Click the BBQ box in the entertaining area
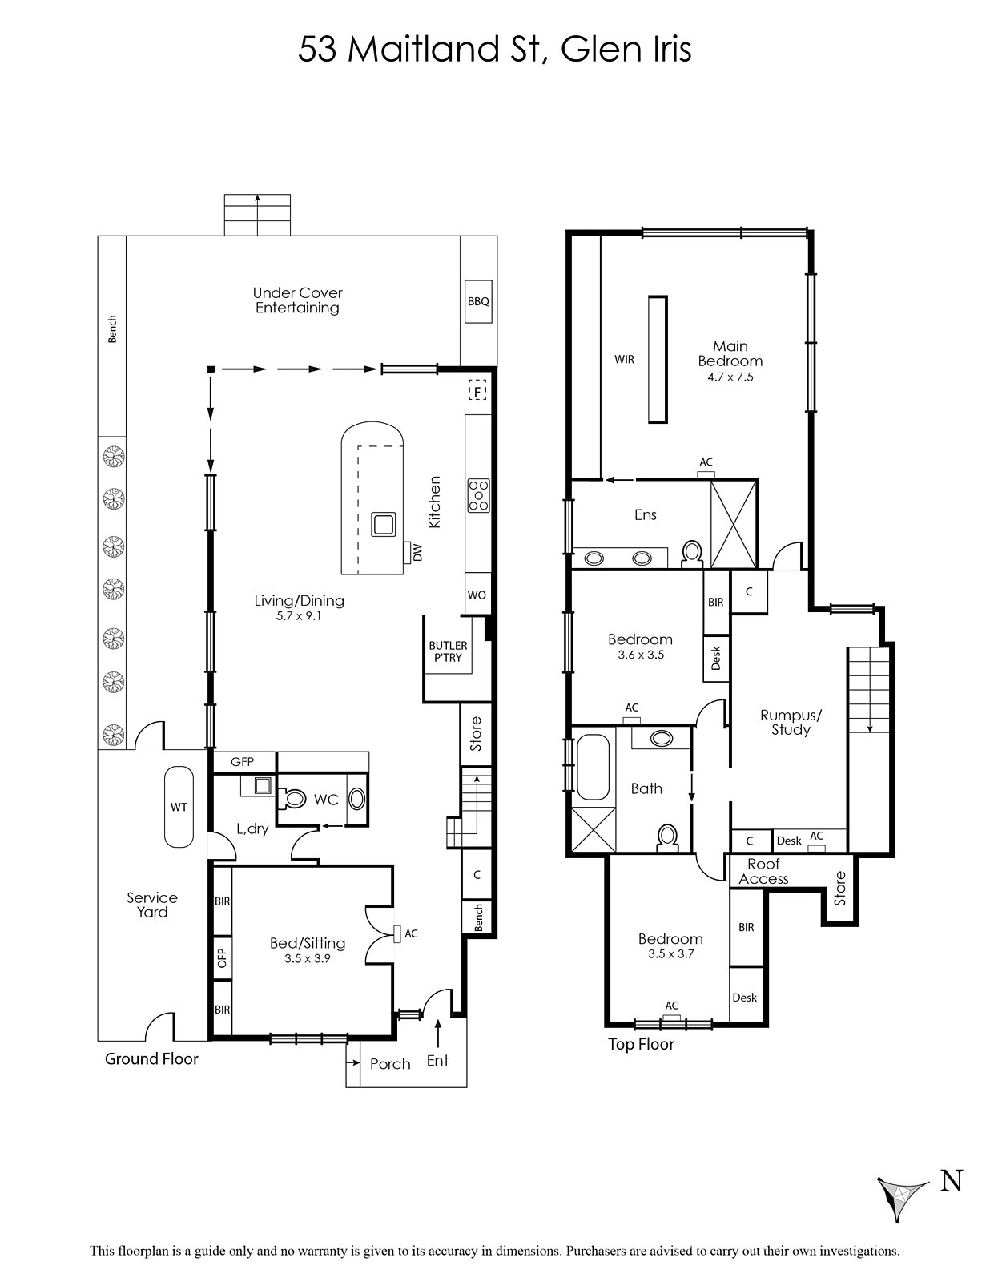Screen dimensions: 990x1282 pos(478,301)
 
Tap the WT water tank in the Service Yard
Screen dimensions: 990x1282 pos(179,807)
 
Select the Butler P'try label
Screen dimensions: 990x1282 pos(448,652)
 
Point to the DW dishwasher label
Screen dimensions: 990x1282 pos(418,553)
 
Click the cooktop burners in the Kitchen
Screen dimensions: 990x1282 pos(477,495)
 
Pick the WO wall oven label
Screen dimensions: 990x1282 pos(477,595)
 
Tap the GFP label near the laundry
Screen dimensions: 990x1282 pos(243,762)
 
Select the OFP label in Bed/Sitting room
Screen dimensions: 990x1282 pos(223,957)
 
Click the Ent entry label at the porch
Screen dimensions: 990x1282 pos(437,1061)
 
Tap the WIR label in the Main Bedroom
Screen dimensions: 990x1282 pos(625,359)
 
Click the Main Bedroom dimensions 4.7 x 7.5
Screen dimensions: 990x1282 pos(730,377)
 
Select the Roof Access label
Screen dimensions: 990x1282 pos(763,872)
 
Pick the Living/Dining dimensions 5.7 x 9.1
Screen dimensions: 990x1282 pos(299,616)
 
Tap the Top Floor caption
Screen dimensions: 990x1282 pos(641,1045)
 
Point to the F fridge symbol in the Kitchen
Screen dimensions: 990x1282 pos(478,390)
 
